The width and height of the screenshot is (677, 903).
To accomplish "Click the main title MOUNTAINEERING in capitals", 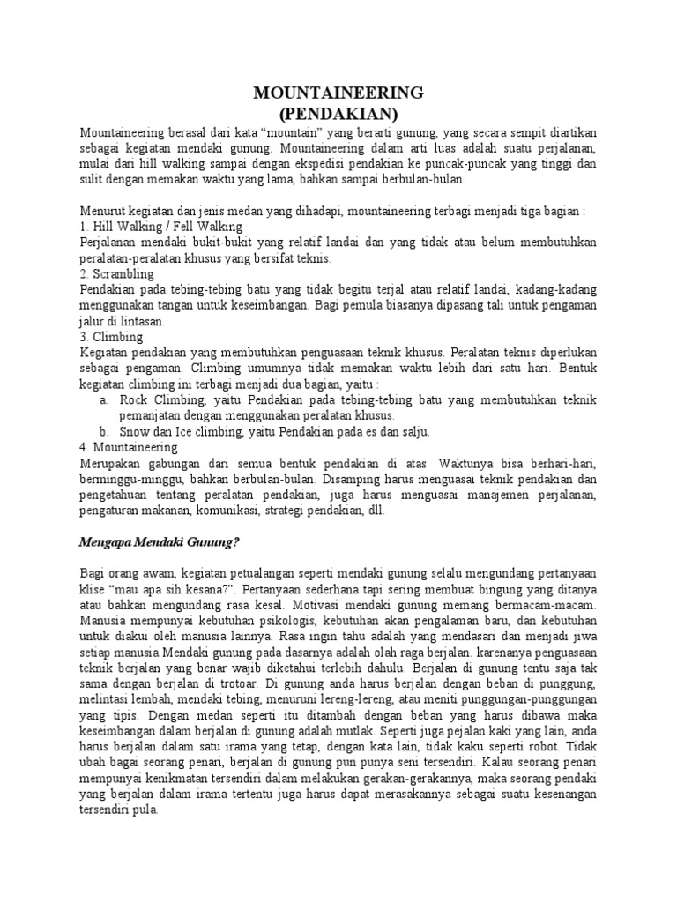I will (x=338, y=93).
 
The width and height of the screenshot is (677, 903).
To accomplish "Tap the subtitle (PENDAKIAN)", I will (x=338, y=113).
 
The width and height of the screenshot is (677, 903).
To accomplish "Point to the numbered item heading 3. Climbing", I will (x=110, y=337).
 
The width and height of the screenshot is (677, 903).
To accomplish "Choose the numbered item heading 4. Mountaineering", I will (x=131, y=447).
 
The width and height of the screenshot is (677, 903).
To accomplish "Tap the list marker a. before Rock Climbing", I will (x=105, y=399).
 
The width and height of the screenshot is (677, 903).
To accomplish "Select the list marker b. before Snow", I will (x=105, y=431).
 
